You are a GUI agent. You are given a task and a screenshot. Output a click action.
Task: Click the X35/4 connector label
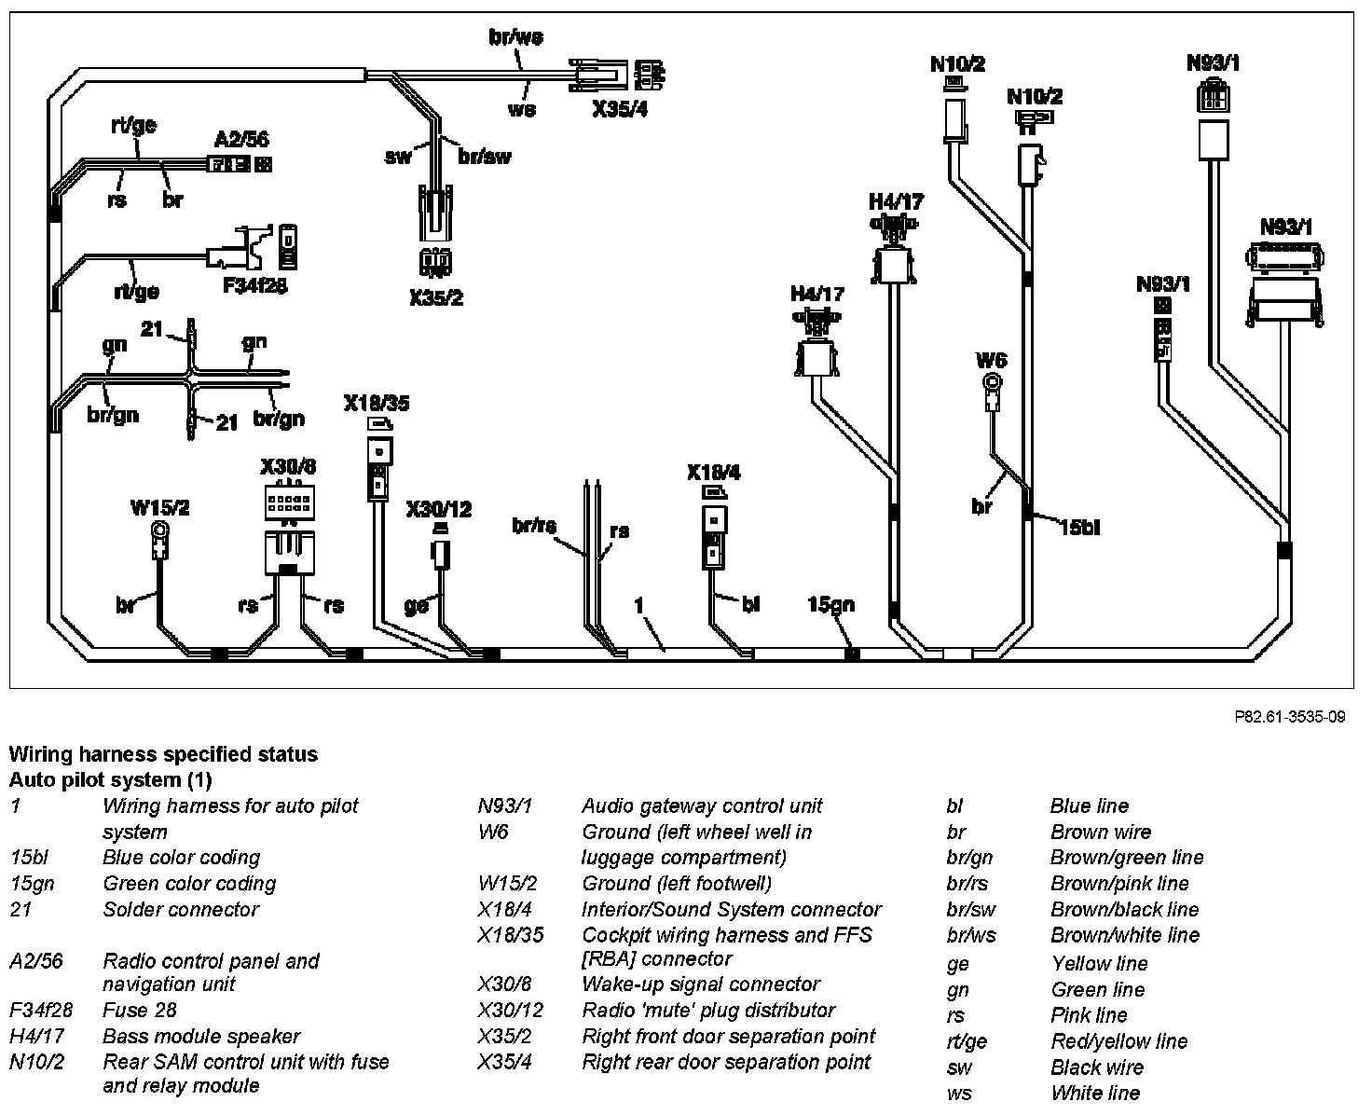(619, 110)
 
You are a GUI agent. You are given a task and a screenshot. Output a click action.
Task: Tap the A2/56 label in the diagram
(241, 140)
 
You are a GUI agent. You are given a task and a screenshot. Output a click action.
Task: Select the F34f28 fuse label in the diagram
(254, 285)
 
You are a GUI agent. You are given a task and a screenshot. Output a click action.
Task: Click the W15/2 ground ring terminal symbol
(161, 531)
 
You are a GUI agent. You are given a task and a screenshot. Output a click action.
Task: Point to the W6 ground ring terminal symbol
(994, 382)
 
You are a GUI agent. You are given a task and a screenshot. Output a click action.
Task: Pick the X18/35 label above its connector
(376, 404)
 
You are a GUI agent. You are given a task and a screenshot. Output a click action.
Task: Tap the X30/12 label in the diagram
(438, 509)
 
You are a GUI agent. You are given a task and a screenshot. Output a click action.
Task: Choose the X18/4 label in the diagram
(714, 473)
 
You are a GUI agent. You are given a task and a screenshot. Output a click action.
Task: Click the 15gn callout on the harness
(830, 605)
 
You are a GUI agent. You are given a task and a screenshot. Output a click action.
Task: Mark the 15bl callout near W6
(1079, 528)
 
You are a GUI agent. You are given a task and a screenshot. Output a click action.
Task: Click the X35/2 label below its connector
(435, 298)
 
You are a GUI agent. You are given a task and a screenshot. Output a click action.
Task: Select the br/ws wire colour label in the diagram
(515, 37)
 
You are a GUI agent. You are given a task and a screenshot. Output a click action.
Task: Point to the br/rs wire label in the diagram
(534, 526)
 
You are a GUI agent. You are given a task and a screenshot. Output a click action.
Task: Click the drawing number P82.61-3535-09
(1289, 717)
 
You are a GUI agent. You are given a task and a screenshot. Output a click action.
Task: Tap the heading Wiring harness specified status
(163, 754)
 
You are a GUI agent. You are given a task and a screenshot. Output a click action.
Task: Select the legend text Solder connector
(181, 909)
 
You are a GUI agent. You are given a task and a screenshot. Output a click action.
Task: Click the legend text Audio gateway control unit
(702, 805)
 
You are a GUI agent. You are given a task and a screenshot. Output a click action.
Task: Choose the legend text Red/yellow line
(1118, 1041)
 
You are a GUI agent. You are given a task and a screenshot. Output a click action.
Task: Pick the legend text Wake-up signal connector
(700, 984)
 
